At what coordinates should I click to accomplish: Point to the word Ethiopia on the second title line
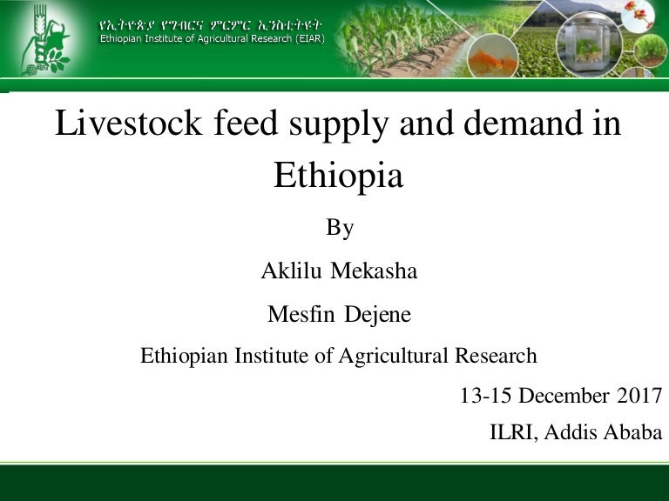point(338,176)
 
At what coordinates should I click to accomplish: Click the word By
point(339,228)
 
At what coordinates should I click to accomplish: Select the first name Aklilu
point(289,271)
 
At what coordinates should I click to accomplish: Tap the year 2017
point(639,396)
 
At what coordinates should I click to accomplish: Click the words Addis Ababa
point(603,432)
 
